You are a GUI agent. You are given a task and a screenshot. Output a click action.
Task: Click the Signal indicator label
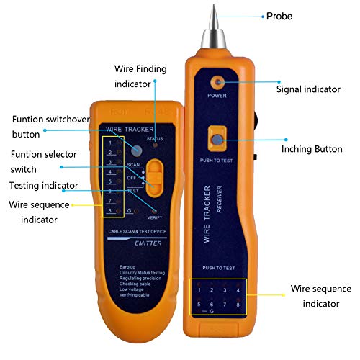307,89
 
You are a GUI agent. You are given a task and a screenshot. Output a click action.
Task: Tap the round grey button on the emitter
137,149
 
